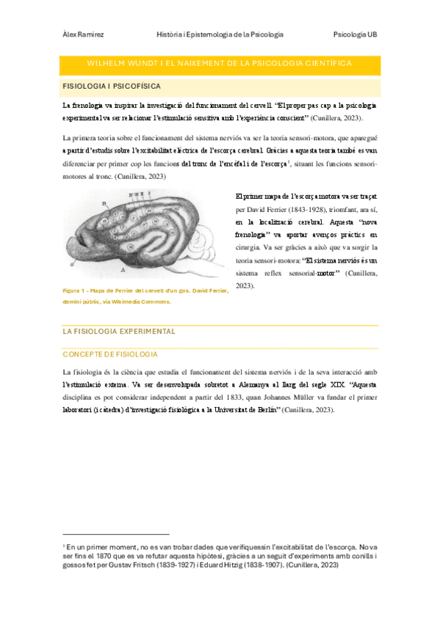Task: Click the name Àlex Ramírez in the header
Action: (82, 34)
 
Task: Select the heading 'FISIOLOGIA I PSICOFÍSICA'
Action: (112, 87)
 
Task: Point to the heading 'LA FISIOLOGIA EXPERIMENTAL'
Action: (119, 331)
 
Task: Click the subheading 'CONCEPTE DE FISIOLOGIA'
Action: (111, 354)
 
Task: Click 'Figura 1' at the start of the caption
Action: (76, 291)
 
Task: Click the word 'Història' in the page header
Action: (173, 34)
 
